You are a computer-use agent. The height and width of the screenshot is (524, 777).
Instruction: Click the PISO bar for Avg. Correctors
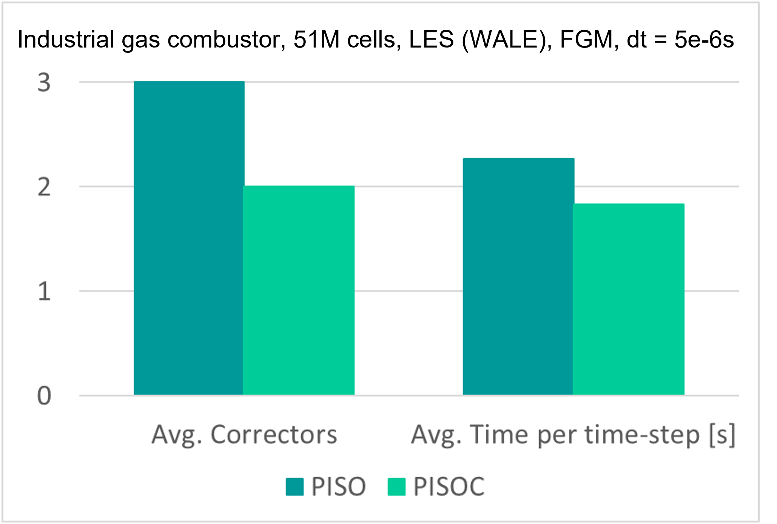[x=189, y=238]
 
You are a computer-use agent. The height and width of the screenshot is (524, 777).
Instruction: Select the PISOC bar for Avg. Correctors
[x=298, y=290]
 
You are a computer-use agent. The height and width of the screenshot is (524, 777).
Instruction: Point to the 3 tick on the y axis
[x=44, y=83]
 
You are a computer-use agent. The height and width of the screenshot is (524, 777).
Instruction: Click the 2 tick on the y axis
[x=44, y=187]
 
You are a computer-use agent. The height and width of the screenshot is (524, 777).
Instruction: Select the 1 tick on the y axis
[x=44, y=292]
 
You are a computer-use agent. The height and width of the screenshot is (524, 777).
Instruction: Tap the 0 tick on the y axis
[x=44, y=396]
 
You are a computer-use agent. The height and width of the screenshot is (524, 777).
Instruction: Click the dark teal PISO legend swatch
[x=294, y=487]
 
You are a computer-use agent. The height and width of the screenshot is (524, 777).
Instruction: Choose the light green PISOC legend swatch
[x=396, y=487]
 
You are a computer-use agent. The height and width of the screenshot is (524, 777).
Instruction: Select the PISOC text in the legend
[x=449, y=487]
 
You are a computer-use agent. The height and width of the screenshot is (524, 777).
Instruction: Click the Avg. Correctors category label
[x=244, y=435]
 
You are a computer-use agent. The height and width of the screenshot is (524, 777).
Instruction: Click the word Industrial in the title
[x=66, y=39]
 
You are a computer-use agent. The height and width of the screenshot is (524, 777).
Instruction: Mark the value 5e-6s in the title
[x=704, y=39]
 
